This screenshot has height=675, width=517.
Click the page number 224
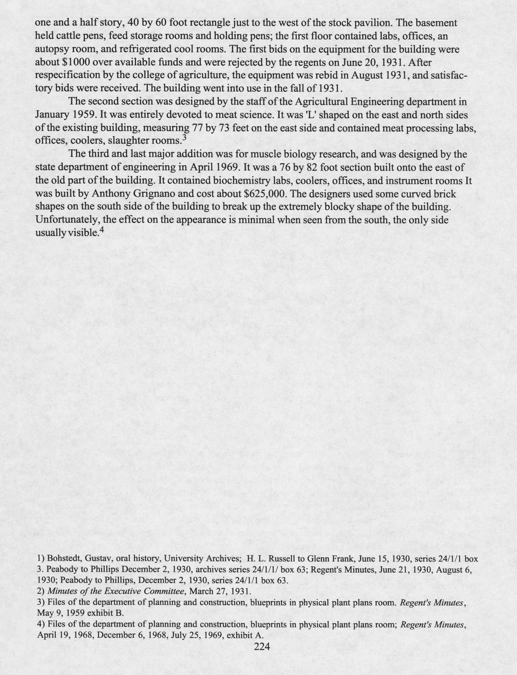tap(262, 647)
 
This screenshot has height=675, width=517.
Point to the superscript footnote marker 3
tap(184, 138)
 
